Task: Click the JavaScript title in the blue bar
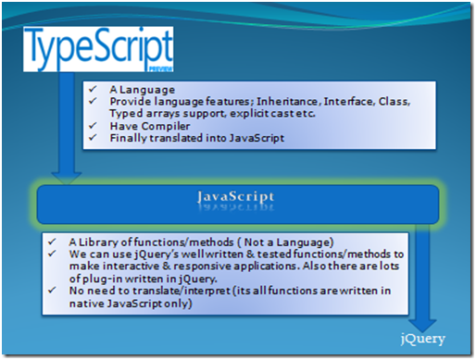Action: pos(237,197)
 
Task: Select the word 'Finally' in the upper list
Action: pos(127,138)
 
